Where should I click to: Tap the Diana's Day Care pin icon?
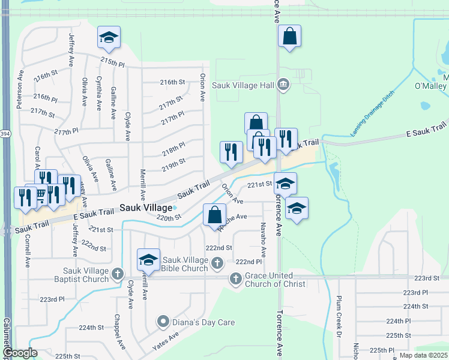162,322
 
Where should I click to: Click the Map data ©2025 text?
423,355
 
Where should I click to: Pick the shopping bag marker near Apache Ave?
214,216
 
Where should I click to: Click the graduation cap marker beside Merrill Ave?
148,260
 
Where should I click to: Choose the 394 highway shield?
5,133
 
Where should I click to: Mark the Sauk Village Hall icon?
283,85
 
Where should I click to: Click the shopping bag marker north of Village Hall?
289,37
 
